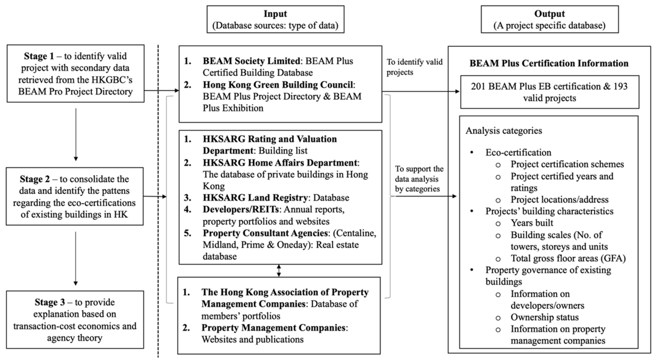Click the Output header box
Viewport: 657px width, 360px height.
[549, 19]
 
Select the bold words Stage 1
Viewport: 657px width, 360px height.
[39, 56]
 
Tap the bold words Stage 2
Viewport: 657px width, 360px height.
[35, 179]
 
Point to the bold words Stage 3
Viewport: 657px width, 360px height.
[50, 302]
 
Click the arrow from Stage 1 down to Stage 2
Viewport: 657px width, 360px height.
[76, 134]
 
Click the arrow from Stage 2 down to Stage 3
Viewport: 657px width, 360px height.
[75, 258]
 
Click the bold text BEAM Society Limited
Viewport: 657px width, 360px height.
[251, 61]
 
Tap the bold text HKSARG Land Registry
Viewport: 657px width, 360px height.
[255, 198]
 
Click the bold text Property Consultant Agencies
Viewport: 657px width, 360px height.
[265, 233]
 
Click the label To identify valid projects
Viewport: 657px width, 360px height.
[414, 67]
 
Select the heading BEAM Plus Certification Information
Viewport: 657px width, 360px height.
[549, 63]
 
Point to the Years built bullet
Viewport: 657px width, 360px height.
[532, 223]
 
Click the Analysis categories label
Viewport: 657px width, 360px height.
[504, 131]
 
